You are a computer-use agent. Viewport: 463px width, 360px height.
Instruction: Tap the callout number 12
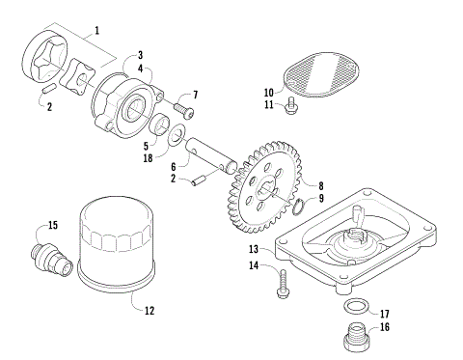point(148,311)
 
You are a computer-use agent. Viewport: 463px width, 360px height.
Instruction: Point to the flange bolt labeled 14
point(282,282)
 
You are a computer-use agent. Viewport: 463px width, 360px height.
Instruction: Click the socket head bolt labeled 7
point(181,111)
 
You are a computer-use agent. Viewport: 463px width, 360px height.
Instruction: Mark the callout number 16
point(385,328)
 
